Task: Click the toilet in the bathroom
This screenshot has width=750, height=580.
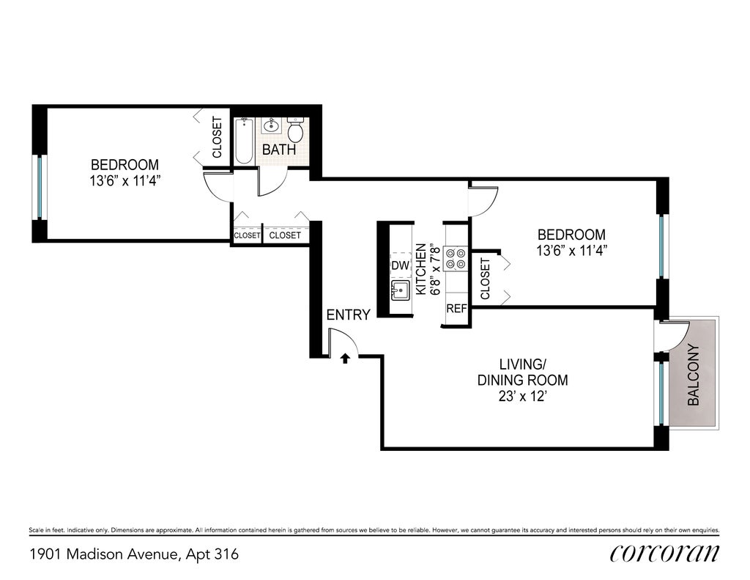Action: click(x=295, y=129)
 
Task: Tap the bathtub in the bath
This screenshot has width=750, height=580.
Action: click(x=244, y=141)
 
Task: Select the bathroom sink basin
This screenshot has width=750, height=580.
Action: click(x=272, y=125)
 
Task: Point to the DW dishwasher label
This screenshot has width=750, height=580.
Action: click(x=401, y=265)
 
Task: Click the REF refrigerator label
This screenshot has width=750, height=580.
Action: click(x=456, y=309)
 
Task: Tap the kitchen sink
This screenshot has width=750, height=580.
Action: click(x=401, y=290)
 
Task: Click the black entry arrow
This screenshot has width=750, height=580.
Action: click(x=345, y=359)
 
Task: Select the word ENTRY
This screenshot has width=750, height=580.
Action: click(x=348, y=315)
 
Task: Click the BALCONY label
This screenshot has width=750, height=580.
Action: click(x=693, y=375)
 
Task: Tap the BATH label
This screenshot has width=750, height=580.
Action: click(x=279, y=150)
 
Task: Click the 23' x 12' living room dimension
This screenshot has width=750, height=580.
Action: click(x=522, y=397)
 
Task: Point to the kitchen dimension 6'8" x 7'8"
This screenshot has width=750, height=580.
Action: click(x=435, y=270)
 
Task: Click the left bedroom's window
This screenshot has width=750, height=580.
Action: click(x=40, y=187)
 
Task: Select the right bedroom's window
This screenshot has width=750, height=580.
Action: click(x=661, y=246)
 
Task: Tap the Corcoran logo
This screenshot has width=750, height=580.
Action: click(x=664, y=553)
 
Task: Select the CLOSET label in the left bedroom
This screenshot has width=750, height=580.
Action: click(x=217, y=137)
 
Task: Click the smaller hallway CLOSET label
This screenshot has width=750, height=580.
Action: click(x=247, y=235)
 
